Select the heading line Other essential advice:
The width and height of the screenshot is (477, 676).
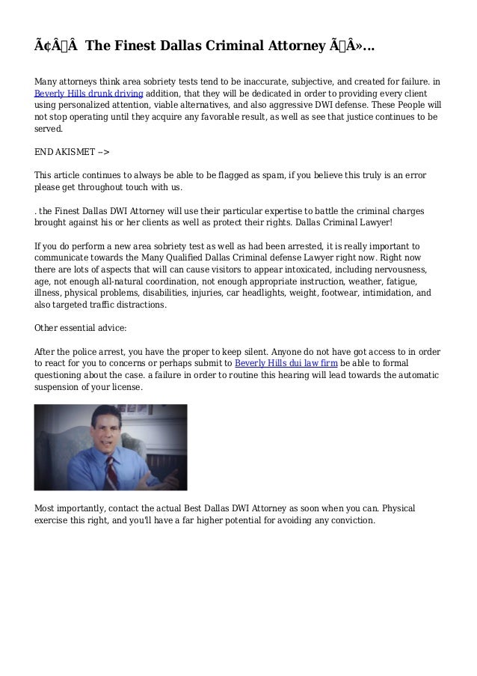[81, 328]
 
